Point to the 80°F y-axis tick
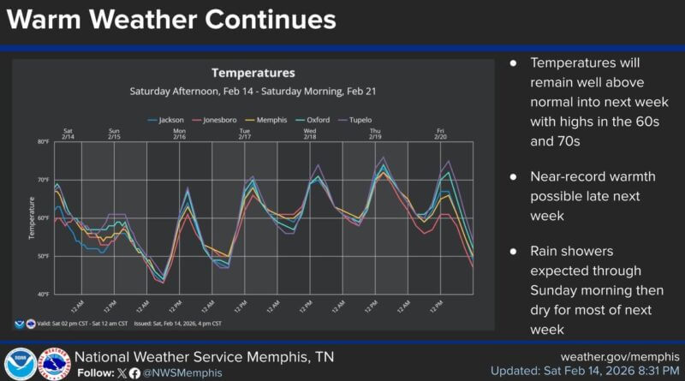pos(44,141)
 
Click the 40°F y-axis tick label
pos(44,295)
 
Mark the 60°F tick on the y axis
pos(44,217)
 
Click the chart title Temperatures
pos(253,73)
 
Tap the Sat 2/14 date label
pos(68,134)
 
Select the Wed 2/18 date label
pos(309,134)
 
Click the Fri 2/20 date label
pos(441,134)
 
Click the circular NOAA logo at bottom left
pos(20,364)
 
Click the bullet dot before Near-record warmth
pos(514,177)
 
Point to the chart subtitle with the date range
pos(253,90)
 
